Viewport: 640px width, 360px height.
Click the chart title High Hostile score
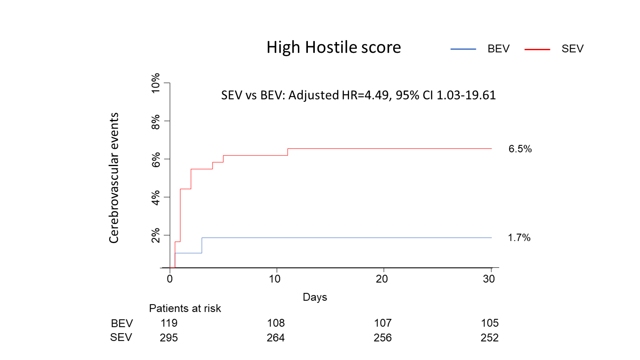[333, 47]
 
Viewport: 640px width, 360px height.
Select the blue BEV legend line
[463, 49]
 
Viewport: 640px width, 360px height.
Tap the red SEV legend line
[537, 49]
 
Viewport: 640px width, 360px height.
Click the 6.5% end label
[520, 149]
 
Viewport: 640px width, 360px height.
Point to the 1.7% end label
[519, 238]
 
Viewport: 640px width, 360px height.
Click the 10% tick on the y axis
[155, 83]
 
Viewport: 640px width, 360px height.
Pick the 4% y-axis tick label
[155, 197]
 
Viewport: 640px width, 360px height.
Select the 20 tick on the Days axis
[382, 279]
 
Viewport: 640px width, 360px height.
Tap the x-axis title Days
[315, 297]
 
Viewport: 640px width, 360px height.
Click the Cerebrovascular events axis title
[114, 178]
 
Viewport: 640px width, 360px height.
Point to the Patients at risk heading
[185, 309]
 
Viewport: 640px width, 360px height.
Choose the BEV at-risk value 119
[169, 323]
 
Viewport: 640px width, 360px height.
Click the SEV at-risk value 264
[276, 338]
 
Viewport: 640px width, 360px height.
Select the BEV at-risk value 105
[490, 323]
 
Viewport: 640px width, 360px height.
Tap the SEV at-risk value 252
[490, 338]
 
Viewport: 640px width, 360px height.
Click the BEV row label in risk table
[122, 324]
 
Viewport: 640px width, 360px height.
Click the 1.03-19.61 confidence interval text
[466, 95]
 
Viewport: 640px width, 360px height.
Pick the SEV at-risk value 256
[383, 338]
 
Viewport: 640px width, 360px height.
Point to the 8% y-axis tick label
[155, 121]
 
